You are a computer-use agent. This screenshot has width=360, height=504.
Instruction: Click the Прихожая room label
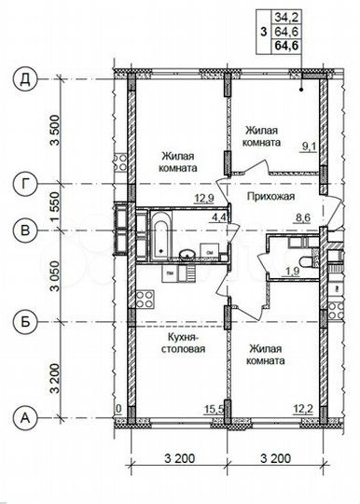tap(270, 198)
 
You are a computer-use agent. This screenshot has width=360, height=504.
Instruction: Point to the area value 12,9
tap(204, 198)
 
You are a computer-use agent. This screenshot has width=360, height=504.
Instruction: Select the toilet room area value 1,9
tap(289, 272)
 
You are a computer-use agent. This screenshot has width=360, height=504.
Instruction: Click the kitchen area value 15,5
tap(214, 408)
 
